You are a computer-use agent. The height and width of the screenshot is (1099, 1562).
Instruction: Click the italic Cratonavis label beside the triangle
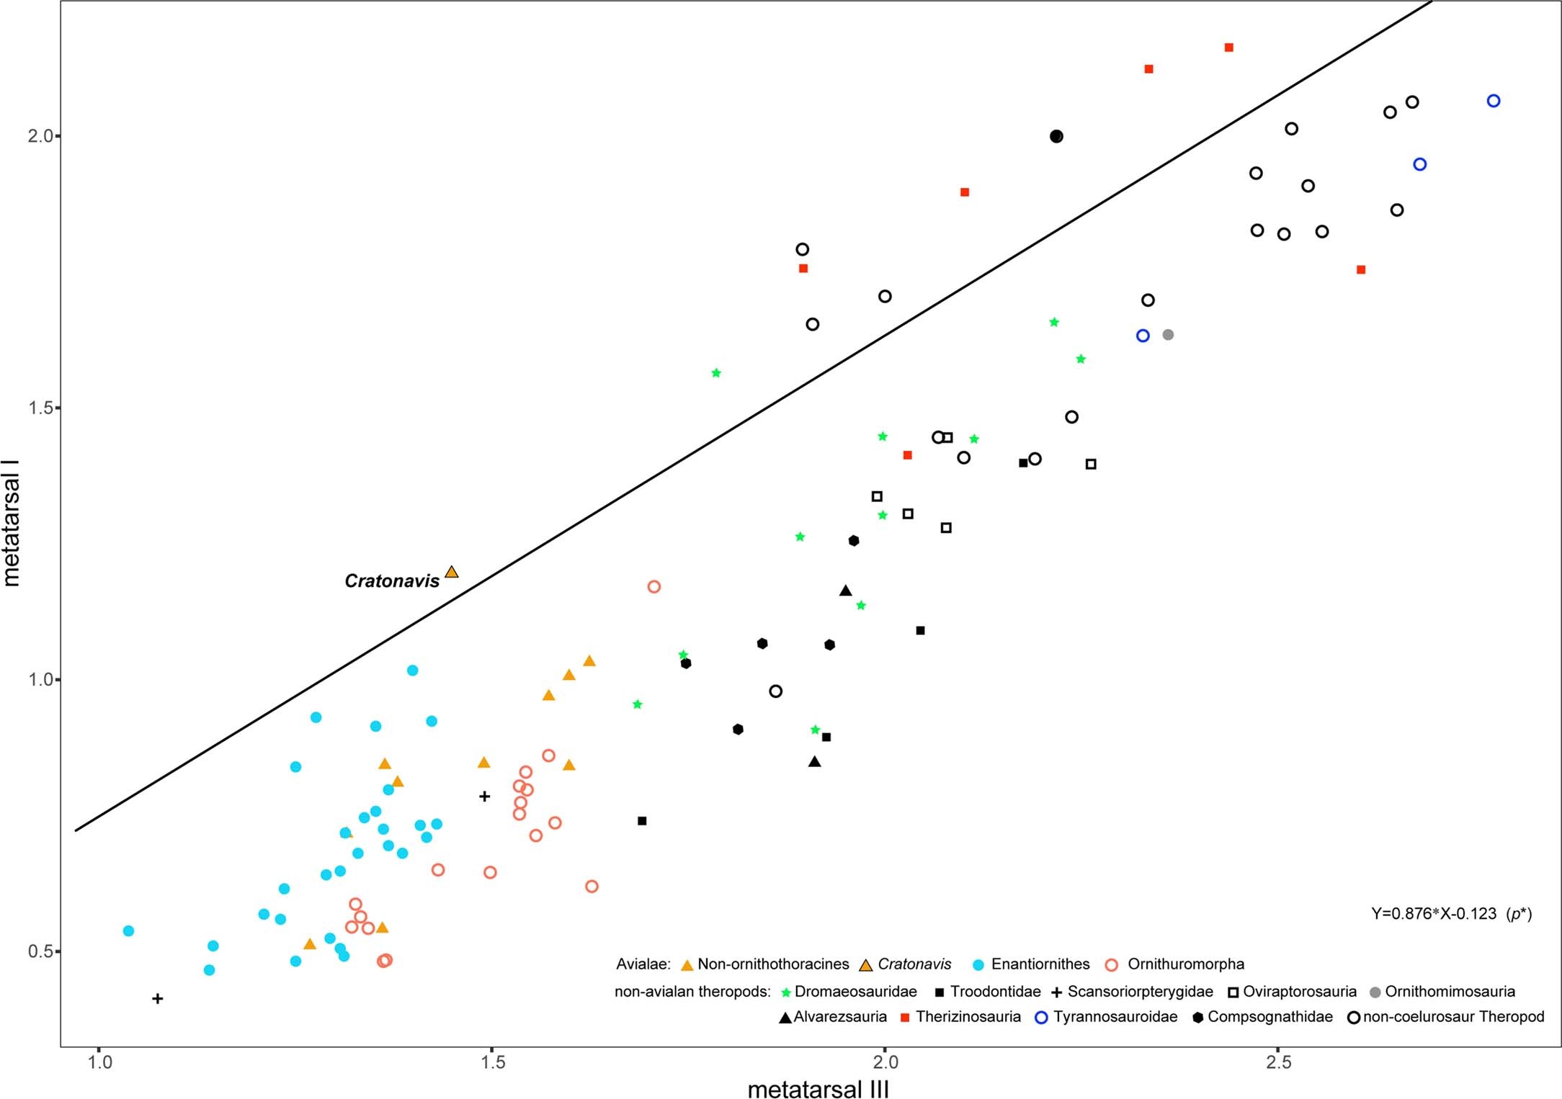point(391,581)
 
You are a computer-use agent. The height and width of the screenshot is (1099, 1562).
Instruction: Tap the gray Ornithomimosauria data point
point(1168,335)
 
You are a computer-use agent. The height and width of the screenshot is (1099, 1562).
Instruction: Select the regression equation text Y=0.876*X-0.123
point(1433,914)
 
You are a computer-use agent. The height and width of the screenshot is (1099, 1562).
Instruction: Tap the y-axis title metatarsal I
point(12,524)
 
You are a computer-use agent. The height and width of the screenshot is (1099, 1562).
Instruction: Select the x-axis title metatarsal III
point(818,1088)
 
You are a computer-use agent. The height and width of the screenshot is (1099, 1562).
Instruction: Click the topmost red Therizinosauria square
point(1229,48)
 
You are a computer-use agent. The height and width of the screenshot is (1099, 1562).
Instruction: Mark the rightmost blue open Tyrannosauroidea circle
point(1494,101)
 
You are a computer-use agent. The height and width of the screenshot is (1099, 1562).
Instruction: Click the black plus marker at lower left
point(158,998)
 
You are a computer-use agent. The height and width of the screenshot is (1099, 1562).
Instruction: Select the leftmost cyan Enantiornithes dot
point(128,930)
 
